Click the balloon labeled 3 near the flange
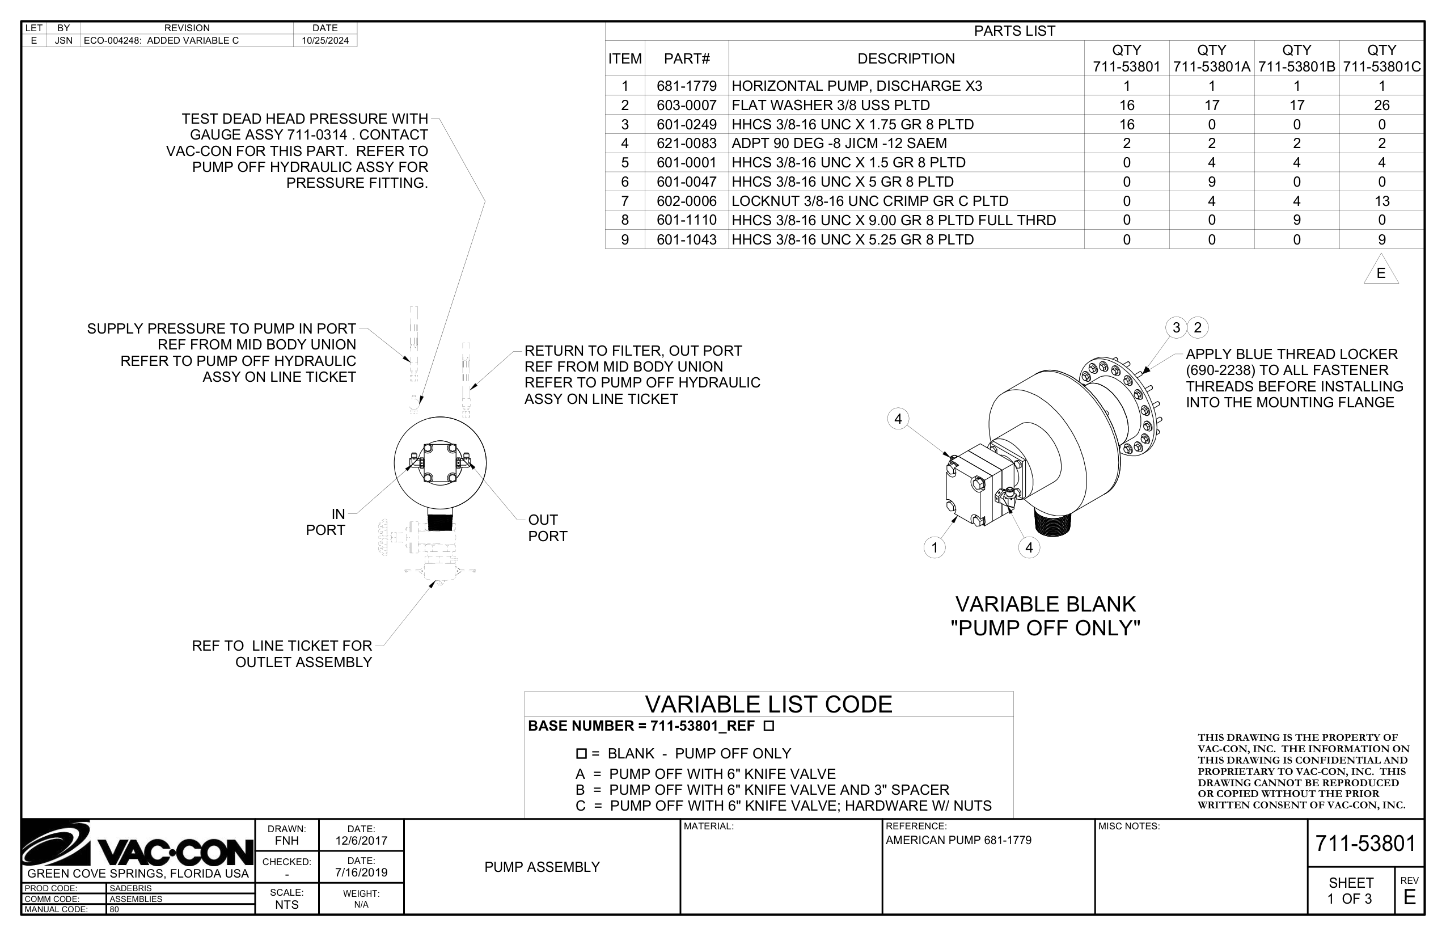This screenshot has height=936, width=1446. [x=1176, y=328]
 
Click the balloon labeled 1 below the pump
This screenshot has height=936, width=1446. [x=935, y=547]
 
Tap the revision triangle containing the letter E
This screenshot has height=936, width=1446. [x=1380, y=272]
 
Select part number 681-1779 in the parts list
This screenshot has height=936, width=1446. [x=687, y=86]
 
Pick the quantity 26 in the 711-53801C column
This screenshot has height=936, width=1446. [x=1381, y=105]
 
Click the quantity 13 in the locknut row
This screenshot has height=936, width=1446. [x=1381, y=201]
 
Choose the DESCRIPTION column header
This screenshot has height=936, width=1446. [x=906, y=58]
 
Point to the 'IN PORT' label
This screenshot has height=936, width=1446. [x=326, y=522]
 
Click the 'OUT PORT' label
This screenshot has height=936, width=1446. [x=547, y=528]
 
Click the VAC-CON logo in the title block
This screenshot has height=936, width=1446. [x=138, y=846]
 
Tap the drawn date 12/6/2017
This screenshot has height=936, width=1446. [x=361, y=841]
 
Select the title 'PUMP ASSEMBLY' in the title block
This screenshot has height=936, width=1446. [x=542, y=867]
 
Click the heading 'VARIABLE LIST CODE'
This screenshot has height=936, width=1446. [x=768, y=705]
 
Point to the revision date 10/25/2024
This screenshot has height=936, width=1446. [x=325, y=41]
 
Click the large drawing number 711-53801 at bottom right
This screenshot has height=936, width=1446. [x=1365, y=844]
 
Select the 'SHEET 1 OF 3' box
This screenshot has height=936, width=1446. [x=1350, y=891]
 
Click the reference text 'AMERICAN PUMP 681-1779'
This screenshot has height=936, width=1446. [x=958, y=841]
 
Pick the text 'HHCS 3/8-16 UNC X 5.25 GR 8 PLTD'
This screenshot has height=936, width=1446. [x=852, y=239]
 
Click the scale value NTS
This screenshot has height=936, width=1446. [x=287, y=904]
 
